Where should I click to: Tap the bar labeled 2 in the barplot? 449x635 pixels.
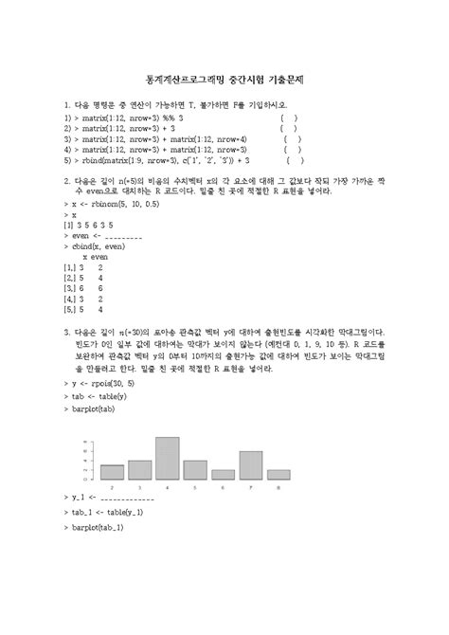click(113, 472)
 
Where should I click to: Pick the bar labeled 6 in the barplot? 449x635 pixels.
click(224, 474)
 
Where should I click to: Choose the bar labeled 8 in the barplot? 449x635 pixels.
click(278, 474)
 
